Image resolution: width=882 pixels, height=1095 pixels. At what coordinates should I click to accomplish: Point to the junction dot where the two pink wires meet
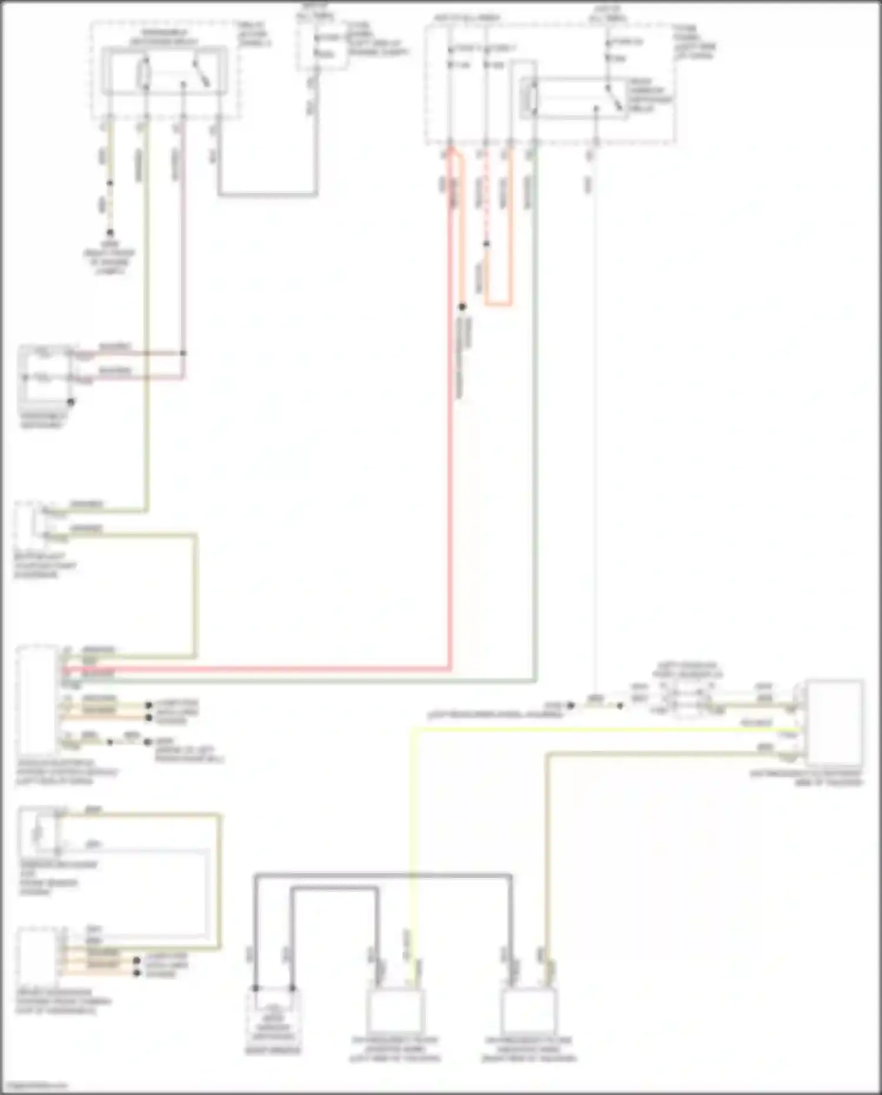tap(183, 353)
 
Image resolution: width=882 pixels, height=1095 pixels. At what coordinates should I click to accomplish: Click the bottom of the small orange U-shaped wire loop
tap(498, 304)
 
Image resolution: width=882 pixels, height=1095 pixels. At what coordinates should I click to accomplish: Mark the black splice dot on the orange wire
tap(462, 307)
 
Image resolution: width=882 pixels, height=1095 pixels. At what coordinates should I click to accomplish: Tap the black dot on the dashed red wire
tap(486, 244)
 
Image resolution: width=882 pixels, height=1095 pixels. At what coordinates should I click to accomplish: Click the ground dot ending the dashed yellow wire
tap(110, 233)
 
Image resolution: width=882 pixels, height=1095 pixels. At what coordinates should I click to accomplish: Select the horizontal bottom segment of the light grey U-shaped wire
tap(268, 194)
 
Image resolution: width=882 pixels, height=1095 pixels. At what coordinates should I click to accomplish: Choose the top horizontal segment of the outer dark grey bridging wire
tap(382, 876)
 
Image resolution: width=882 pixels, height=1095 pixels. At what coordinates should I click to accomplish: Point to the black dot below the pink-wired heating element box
tap(71, 402)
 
